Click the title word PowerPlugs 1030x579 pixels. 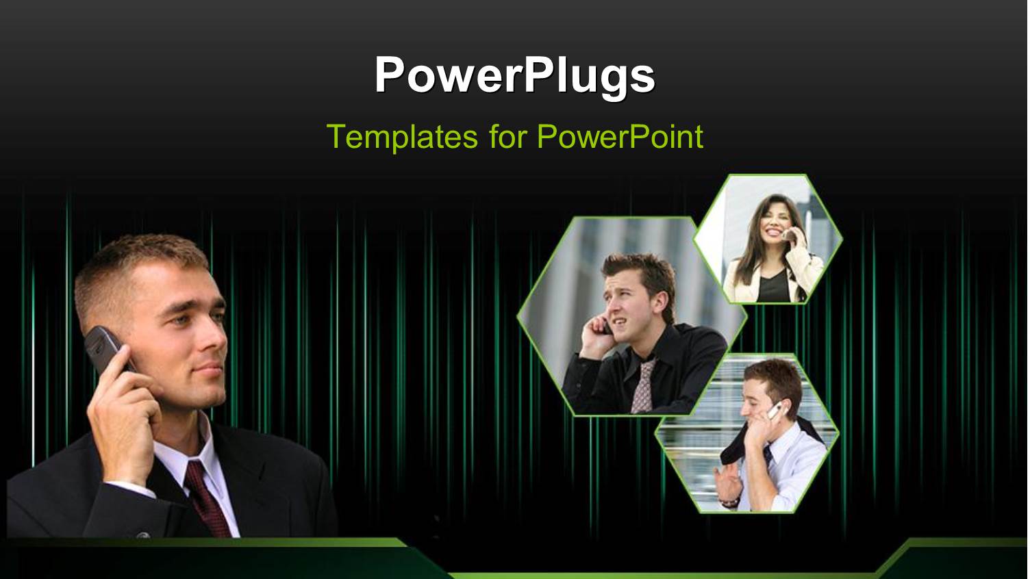(514, 74)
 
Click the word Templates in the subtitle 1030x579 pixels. (402, 136)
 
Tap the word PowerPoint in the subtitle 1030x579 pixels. (620, 136)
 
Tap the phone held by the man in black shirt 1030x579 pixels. (607, 326)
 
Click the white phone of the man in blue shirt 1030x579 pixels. (775, 411)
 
